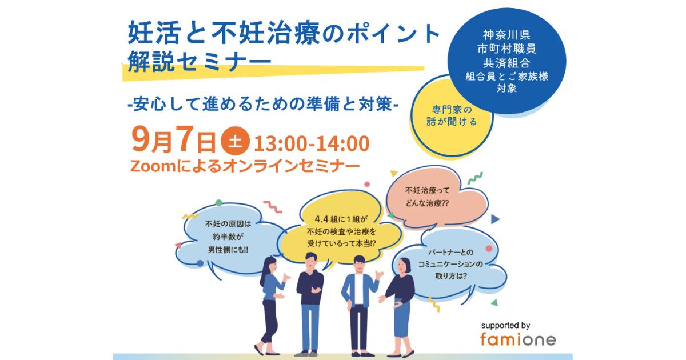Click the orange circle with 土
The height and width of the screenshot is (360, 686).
(235, 141)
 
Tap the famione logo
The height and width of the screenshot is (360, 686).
(518, 339)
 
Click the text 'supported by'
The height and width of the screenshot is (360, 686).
(505, 325)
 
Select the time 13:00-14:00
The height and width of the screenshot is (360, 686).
(312, 143)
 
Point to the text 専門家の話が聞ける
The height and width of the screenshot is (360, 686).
(452, 115)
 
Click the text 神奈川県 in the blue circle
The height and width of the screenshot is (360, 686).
(506, 35)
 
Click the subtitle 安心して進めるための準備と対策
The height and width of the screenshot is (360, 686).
(263, 105)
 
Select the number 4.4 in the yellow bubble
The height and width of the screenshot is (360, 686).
(321, 219)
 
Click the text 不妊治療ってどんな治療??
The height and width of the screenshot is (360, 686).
(427, 197)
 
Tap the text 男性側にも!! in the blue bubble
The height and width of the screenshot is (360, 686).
(228, 250)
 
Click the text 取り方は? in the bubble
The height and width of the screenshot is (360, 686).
(451, 276)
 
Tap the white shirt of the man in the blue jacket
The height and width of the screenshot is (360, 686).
(358, 289)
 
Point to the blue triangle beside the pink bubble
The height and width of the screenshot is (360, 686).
(495, 219)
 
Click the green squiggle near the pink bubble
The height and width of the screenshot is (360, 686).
(475, 178)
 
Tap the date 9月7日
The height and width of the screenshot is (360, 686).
(174, 141)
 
